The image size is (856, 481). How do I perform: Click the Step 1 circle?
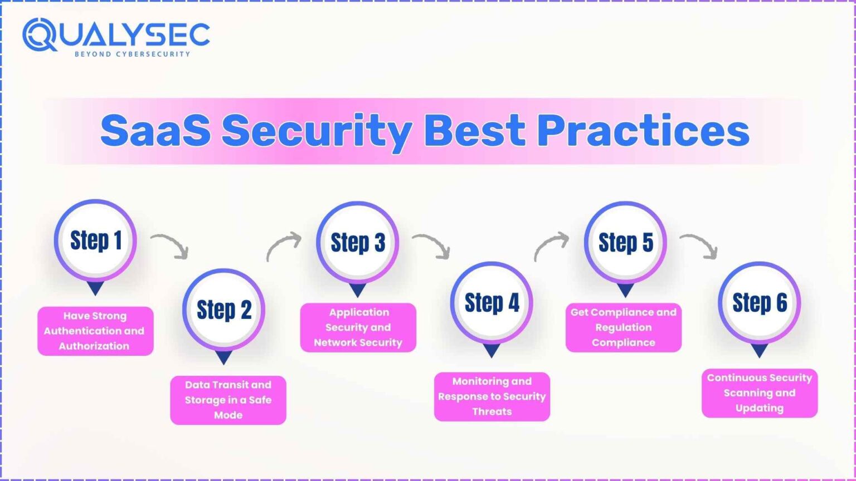[x=95, y=240]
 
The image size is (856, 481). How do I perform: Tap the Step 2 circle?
[x=223, y=310]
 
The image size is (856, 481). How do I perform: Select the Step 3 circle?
[x=357, y=242]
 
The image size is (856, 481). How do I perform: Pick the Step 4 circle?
[x=492, y=303]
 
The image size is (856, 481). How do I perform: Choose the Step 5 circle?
[x=625, y=242]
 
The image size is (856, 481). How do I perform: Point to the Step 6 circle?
[x=759, y=302]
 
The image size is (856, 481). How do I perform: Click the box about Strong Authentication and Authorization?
[x=95, y=331]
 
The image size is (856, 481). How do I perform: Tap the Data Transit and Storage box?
[x=228, y=400]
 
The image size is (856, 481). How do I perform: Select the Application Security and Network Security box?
[x=358, y=327]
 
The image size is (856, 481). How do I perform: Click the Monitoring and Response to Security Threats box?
[x=492, y=396]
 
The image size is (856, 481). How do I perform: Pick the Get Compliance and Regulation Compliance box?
[x=623, y=327]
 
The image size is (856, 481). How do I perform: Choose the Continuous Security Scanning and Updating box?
[x=759, y=393]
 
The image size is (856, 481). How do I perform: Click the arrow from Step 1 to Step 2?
[x=170, y=246]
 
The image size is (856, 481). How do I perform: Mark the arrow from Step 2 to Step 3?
[x=283, y=247]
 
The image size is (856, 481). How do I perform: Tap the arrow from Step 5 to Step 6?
[x=699, y=246]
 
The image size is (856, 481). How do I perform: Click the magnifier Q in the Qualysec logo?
[x=40, y=35]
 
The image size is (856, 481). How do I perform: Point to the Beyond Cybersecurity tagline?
[x=132, y=54]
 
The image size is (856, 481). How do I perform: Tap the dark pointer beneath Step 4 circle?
[x=491, y=350]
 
